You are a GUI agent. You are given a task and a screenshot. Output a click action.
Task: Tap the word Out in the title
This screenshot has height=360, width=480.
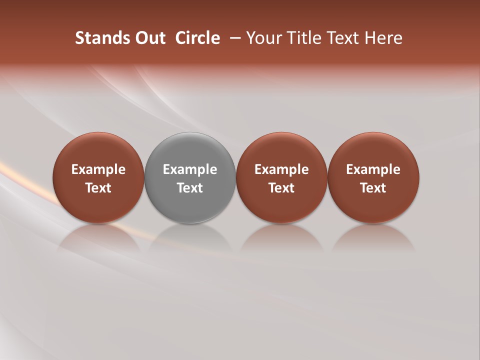point(148,38)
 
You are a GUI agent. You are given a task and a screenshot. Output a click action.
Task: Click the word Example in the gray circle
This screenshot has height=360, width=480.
point(190,169)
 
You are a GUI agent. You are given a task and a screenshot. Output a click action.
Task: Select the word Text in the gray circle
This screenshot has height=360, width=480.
point(190,188)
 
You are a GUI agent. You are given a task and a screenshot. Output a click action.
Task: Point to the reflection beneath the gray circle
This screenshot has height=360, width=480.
point(190,237)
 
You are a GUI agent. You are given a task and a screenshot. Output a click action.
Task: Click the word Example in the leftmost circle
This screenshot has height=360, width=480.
point(98,169)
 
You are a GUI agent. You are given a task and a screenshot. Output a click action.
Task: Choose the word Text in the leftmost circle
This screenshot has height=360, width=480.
point(98,188)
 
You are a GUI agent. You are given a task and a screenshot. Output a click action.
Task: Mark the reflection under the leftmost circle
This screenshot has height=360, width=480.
point(98,237)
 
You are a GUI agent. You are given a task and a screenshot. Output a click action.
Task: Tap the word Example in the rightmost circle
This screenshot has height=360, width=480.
point(373,169)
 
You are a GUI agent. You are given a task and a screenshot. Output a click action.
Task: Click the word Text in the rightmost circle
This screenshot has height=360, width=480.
point(373,188)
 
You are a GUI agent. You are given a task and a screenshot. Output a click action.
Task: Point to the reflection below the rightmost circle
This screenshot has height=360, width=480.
point(373,237)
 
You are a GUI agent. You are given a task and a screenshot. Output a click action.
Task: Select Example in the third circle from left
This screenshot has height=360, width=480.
point(281,169)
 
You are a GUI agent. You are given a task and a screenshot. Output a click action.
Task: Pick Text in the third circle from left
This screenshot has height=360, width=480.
point(281,188)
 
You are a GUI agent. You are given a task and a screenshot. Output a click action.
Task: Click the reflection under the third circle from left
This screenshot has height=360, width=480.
point(281,237)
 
